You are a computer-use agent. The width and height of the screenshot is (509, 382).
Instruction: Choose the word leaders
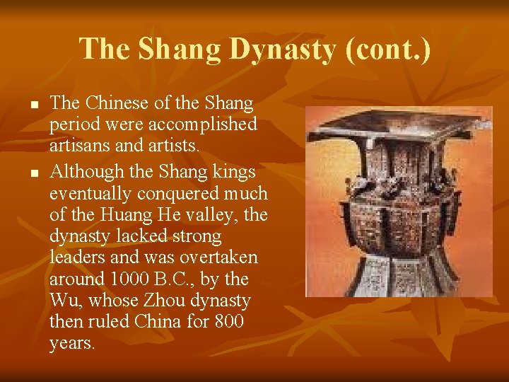[x=76, y=257]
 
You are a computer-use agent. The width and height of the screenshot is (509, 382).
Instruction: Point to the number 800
[x=228, y=322]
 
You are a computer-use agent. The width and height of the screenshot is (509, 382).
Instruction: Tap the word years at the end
[x=71, y=344]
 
